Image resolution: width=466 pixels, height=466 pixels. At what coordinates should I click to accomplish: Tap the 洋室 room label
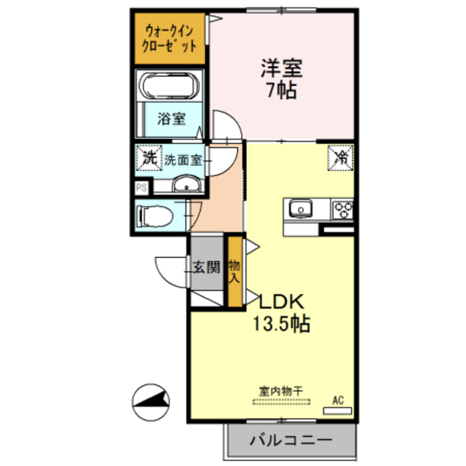(x=282, y=71)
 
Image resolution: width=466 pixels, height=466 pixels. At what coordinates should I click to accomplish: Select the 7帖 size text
(x=282, y=92)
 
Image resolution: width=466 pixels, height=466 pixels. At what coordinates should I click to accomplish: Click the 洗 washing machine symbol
(x=149, y=157)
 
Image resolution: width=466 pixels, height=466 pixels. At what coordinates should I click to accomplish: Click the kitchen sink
(x=300, y=210)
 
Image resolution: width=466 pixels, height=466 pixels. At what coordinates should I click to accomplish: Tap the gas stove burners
(x=342, y=210)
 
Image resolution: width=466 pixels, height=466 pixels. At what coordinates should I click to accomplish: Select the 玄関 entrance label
(x=206, y=267)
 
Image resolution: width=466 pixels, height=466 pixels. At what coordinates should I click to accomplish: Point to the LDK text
(x=282, y=302)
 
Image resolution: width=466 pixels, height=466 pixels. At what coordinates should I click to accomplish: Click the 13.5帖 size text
(x=282, y=323)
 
